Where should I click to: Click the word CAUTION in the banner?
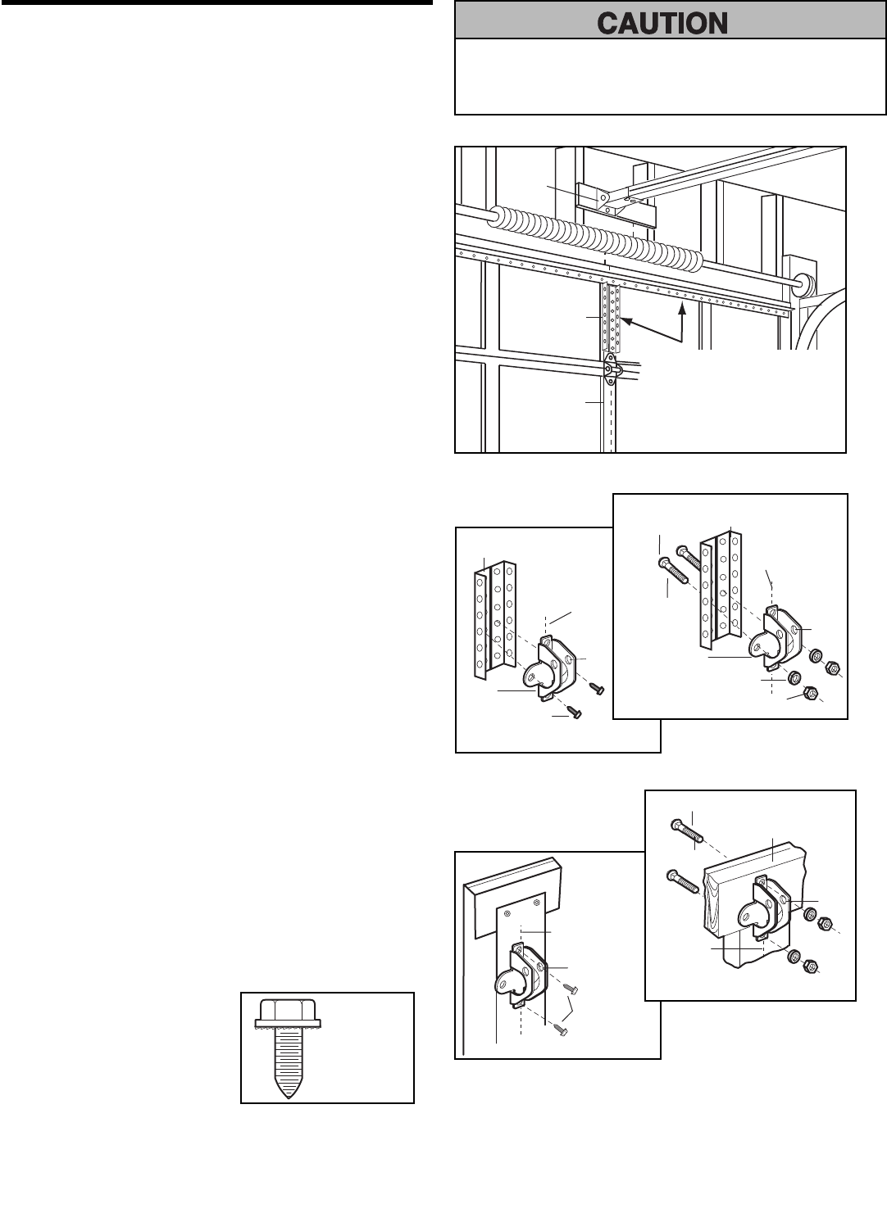coord(662,23)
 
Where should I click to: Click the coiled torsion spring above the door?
coord(598,238)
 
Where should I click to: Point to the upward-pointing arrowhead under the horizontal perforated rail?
coord(681,309)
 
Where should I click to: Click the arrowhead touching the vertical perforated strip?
coord(625,321)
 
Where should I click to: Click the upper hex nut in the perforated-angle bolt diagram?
coord(830,668)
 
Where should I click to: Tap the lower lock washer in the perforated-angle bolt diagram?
coord(794,678)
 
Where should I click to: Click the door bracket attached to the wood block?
coord(759,911)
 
